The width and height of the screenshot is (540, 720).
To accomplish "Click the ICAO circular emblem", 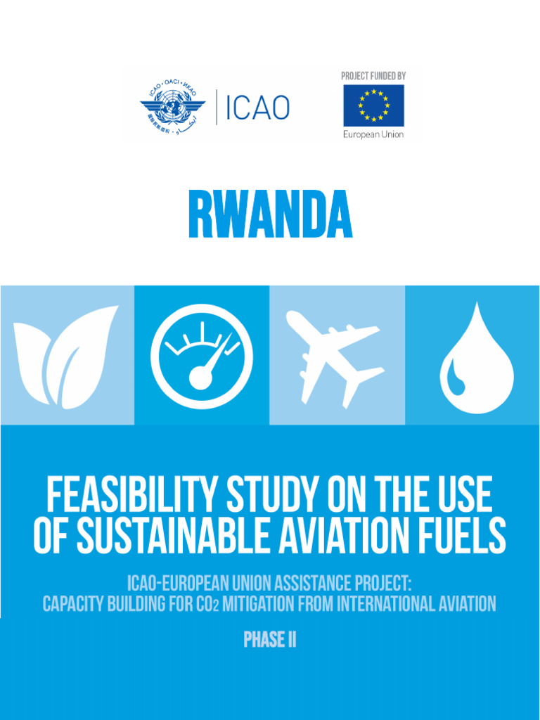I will (172, 108).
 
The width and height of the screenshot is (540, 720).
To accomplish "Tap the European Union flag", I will (373, 105).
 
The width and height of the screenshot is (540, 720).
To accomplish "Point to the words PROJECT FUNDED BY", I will (373, 76).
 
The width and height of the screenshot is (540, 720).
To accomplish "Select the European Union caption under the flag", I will (373, 134).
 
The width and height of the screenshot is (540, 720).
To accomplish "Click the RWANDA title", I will (270, 214).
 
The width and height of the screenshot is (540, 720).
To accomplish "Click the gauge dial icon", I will (202, 356).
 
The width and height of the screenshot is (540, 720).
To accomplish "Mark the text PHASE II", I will (269, 641).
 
